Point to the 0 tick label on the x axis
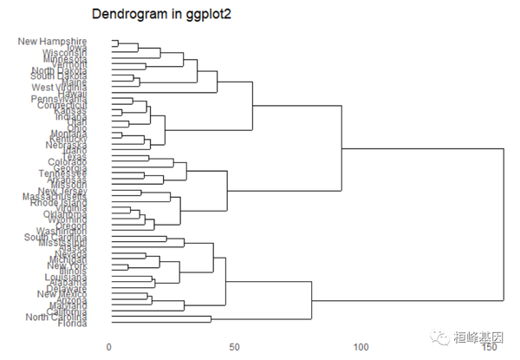109,346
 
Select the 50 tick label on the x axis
235,346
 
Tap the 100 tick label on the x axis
361,346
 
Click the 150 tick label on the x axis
488,346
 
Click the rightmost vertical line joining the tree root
504,226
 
